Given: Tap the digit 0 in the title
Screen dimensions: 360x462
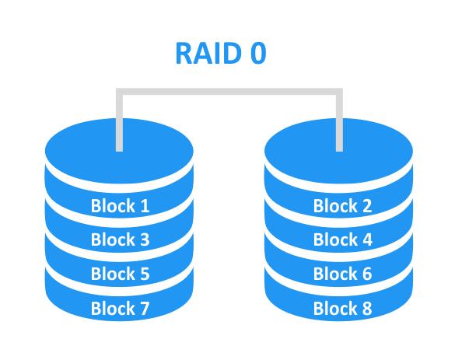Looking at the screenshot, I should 257,53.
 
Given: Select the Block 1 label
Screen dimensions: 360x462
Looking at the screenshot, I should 120,206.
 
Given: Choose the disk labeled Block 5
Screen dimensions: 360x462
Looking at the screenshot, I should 120,273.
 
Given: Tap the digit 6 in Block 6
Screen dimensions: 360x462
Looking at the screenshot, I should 366,274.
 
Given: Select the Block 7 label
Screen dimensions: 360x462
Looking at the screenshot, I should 120,308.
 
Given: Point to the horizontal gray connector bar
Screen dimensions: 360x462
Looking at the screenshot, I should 229,93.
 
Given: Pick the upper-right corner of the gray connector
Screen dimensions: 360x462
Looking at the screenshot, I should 339,93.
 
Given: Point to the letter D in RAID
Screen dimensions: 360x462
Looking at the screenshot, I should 231,53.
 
